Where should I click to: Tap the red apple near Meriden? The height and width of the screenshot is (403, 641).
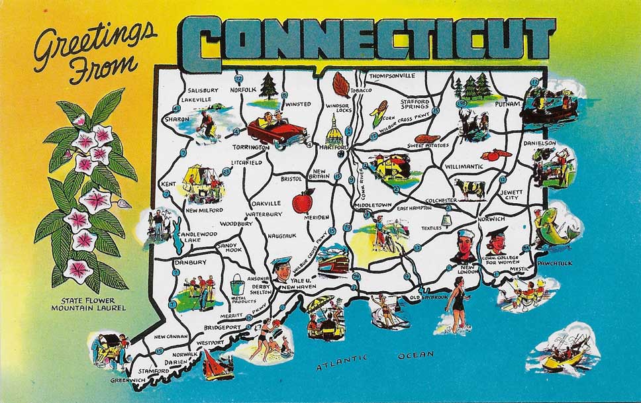pyautogui.click(x=304, y=201)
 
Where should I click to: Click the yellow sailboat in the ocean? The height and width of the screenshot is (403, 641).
pyautogui.click(x=564, y=357)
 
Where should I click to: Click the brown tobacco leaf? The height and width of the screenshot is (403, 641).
pyautogui.click(x=342, y=85)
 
